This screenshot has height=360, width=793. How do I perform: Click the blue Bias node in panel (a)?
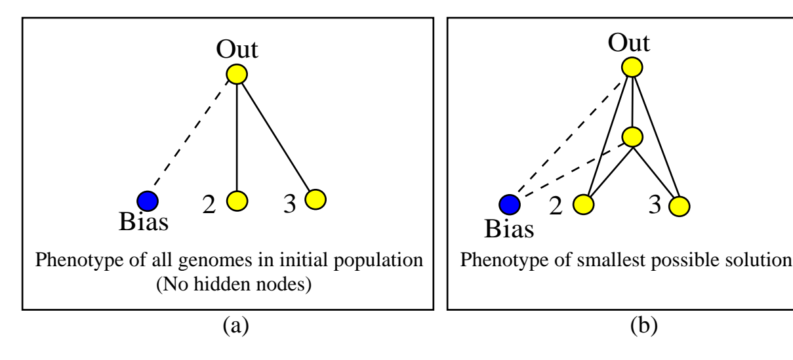148,200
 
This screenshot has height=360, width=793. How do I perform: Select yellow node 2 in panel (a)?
237,200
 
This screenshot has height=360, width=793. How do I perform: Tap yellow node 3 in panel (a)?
315,199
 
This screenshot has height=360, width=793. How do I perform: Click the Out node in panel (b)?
632,67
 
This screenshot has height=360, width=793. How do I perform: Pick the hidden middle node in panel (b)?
632,136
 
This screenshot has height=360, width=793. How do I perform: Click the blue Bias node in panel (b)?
510,205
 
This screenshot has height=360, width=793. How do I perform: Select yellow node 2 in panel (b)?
582,205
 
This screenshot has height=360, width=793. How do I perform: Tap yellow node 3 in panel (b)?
679,207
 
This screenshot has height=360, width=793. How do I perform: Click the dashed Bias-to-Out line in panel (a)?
192,138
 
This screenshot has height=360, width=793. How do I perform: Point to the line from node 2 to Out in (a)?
237,138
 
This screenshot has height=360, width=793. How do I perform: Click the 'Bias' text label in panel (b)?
509,230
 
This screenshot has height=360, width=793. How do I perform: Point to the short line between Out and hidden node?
632,102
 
